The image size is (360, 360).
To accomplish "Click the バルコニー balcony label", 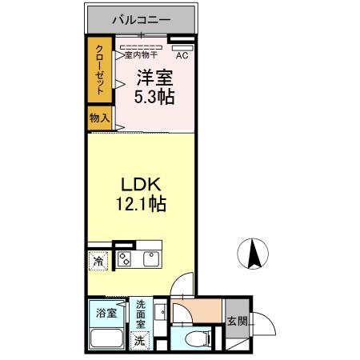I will tap(140, 18).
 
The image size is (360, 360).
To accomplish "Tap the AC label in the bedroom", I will tap(182, 55).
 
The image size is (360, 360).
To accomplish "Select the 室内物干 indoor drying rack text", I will tap(139, 55).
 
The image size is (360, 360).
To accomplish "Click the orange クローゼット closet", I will tap(100, 70).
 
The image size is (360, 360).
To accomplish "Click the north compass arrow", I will tap(254, 254).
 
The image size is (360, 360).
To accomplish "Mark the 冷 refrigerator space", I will tap(98, 261).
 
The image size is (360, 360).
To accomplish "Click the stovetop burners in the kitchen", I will tap(126, 258).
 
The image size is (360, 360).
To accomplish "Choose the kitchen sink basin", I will tap(150, 258).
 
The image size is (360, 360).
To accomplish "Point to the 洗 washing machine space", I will tap(140, 341).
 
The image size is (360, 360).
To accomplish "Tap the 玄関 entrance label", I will tap(238, 322).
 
